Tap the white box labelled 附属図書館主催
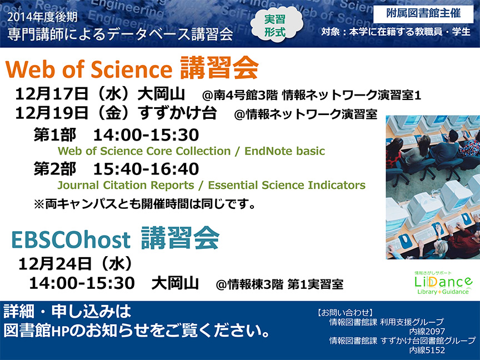423,14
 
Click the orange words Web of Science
89,69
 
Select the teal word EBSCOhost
71,239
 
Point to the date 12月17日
52,94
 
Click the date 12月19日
52,113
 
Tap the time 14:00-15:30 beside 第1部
146,135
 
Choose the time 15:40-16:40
146,169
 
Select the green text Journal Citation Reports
126,185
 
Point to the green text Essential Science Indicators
287,185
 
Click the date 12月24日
55,264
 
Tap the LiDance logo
443,282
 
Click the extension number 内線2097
427,331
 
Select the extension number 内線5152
427,350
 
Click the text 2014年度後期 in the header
43,17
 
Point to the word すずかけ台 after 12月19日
178,113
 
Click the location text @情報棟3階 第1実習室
279,284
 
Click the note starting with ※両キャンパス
144,204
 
